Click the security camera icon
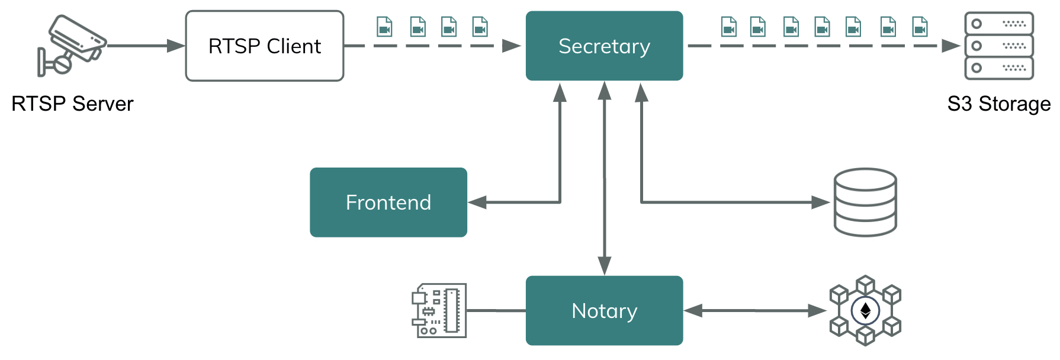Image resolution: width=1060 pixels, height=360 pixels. [71, 46]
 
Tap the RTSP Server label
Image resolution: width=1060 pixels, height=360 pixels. [72, 104]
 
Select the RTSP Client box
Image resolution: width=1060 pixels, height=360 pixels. [265, 46]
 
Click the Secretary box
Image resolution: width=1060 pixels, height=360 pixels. [604, 46]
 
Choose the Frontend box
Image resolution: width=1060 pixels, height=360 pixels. [388, 202]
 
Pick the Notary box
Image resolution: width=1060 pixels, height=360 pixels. [604, 310]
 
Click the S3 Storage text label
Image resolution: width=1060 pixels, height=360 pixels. [998, 104]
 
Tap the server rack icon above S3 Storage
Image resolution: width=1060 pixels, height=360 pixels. [999, 46]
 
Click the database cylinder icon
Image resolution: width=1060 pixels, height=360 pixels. [865, 202]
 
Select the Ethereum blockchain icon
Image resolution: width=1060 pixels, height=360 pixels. [865, 310]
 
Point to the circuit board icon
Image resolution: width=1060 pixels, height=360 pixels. [439, 310]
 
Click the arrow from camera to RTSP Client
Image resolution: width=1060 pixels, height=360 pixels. [146, 46]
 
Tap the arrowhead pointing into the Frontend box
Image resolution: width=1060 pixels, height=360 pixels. [477, 202]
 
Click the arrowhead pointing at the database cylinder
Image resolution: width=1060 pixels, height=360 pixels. [820, 202]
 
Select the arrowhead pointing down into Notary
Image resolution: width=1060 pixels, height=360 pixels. [605, 266]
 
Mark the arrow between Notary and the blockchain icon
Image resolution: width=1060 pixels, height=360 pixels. [755, 310]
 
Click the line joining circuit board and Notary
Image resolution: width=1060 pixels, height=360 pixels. [496, 310]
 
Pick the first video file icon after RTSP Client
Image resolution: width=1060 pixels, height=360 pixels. [385, 27]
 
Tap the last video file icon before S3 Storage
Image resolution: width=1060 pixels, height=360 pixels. [920, 27]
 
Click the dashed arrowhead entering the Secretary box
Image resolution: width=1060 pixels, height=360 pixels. [512, 46]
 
